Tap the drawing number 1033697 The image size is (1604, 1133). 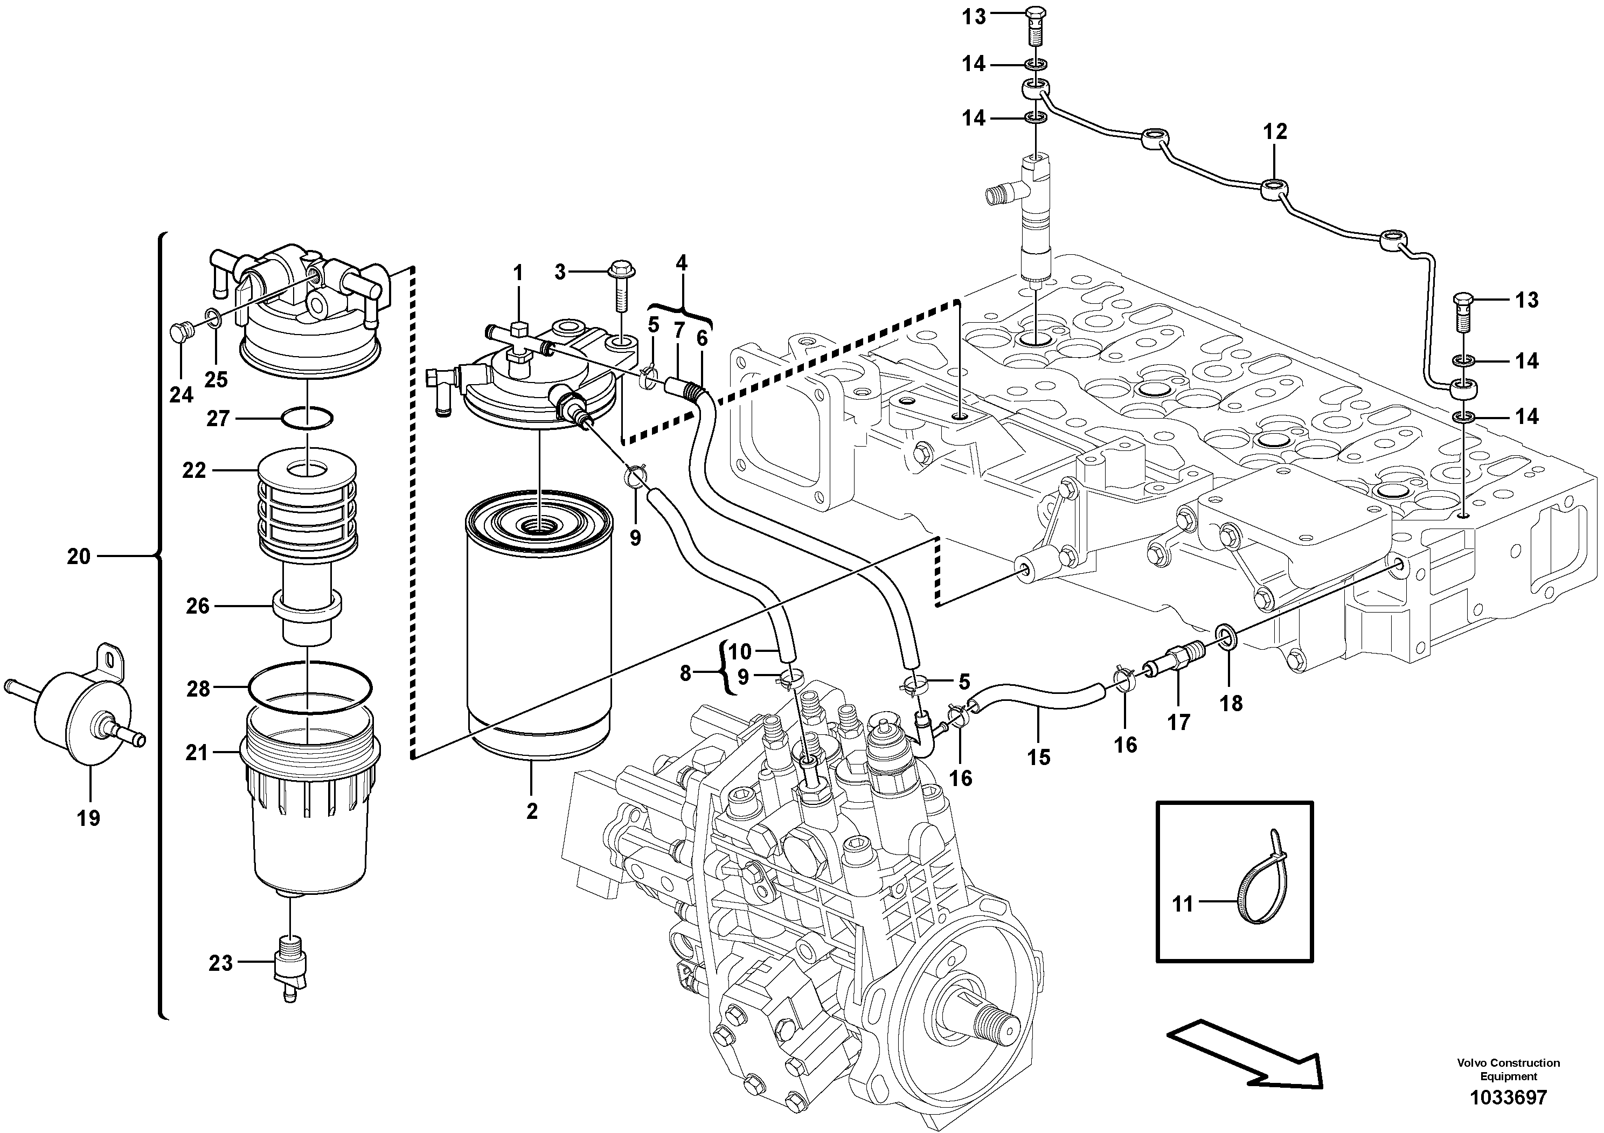[x=1508, y=1097]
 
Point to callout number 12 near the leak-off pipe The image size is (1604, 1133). [x=1275, y=131]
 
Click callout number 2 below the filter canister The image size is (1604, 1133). [x=532, y=812]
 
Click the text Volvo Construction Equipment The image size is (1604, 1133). [x=1508, y=1069]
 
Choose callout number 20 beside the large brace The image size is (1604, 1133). [x=79, y=557]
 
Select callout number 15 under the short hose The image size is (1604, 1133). [x=1038, y=756]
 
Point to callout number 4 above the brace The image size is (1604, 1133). [x=681, y=263]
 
